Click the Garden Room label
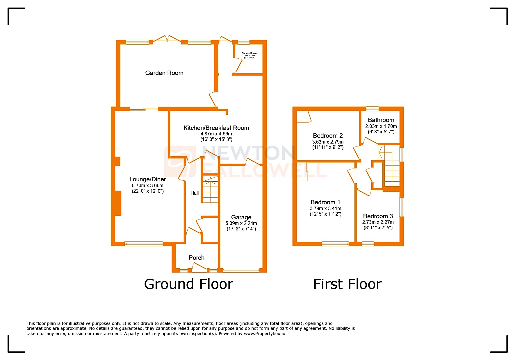[164, 73]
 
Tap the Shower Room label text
[249, 53]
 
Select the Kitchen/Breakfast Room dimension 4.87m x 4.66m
[216, 134]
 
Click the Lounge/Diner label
[147, 179]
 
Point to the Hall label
[195, 193]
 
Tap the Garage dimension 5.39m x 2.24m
[241, 223]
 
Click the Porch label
[196, 258]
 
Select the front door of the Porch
[199, 268]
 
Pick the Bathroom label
[381, 120]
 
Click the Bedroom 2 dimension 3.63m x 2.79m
[328, 142]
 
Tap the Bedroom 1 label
[325, 202]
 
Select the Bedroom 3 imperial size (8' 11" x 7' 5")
[378, 228]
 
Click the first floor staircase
[391, 169]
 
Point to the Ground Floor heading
[188, 284]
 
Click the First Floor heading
[347, 284]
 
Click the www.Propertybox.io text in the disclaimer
[264, 334]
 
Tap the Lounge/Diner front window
[144, 244]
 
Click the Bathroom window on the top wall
[372, 109]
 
